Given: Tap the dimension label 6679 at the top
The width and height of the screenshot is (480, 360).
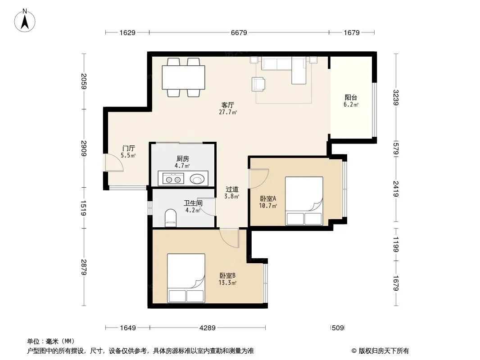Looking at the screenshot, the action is point(239,32).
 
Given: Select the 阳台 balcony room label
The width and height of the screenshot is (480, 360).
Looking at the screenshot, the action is point(351,98).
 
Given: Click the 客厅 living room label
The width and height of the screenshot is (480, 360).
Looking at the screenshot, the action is point(228,105).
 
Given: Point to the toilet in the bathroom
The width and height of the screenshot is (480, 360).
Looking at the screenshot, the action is point(171,218).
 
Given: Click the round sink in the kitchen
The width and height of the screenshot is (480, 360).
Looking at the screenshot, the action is point(197,179).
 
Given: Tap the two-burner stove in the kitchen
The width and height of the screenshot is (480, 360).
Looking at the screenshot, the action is point(173,179).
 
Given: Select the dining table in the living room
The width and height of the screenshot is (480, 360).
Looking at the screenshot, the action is point(183,77).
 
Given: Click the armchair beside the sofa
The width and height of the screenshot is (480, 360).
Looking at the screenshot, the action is point(258,84).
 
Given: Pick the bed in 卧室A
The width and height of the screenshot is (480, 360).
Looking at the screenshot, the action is point(304,201).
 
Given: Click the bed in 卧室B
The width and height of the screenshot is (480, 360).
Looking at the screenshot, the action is point(186,278).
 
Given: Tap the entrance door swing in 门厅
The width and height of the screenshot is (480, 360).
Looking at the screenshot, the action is point(114,162).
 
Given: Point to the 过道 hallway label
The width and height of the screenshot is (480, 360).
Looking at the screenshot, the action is point(232,189).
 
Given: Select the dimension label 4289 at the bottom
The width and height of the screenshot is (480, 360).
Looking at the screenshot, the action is point(207,328).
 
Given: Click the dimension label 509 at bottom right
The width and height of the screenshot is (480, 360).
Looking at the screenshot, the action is point(338,328).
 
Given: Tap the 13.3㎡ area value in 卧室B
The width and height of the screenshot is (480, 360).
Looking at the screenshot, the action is point(227,283).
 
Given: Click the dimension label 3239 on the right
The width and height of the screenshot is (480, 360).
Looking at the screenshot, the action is point(396,97).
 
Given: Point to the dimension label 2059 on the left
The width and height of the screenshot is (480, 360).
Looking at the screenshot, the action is point(84,81).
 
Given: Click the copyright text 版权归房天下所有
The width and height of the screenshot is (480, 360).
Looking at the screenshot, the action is point(384,351).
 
